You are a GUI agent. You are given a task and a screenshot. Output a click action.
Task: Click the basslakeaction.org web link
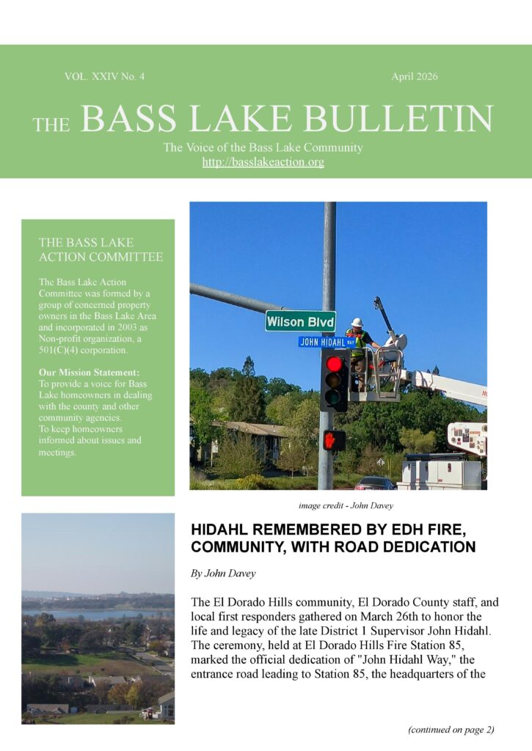(x=263, y=162)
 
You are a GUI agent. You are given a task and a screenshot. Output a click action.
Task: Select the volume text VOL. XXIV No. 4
(x=104, y=76)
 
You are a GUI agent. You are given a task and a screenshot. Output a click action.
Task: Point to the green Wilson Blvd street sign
(x=300, y=321)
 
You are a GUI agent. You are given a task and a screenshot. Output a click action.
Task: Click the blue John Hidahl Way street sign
(x=326, y=342)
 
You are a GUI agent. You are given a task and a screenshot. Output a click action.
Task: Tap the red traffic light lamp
(x=334, y=364)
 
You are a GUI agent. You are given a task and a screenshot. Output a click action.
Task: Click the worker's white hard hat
(x=357, y=323)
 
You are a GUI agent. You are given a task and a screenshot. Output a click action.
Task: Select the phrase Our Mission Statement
(x=89, y=373)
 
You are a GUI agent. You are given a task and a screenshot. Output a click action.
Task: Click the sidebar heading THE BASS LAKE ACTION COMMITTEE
(x=101, y=249)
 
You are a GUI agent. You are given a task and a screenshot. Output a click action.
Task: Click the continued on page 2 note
(x=451, y=729)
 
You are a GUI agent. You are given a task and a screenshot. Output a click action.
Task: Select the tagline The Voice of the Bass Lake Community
(x=263, y=147)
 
